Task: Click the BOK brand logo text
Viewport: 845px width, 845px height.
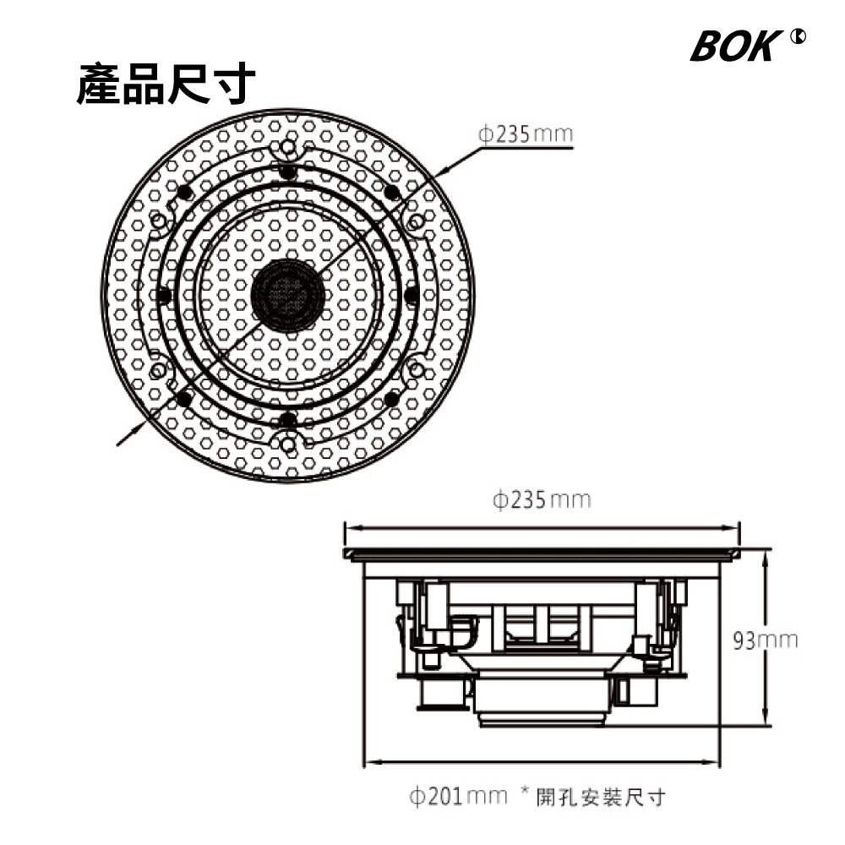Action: [x=736, y=46]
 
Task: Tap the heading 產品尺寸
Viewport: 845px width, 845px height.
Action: [x=166, y=84]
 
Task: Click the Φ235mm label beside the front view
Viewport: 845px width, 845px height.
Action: [x=526, y=134]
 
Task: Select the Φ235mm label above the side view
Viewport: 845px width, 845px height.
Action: [x=542, y=499]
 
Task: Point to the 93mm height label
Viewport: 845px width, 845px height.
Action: [x=766, y=641]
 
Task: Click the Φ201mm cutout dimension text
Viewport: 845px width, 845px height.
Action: [x=459, y=796]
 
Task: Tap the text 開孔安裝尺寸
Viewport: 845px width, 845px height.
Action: [x=601, y=797]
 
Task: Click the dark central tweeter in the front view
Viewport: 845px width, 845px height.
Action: [x=288, y=295]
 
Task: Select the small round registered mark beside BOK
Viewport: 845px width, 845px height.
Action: [x=799, y=36]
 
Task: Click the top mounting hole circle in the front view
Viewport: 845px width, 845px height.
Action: [x=288, y=146]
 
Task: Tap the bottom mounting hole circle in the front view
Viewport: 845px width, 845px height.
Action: [x=288, y=444]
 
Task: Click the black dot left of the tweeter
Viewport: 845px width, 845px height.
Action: [x=164, y=295]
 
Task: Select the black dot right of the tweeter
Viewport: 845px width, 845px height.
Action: [x=412, y=295]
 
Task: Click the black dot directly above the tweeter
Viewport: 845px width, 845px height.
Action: [x=288, y=172]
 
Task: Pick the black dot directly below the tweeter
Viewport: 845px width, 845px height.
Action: [x=288, y=419]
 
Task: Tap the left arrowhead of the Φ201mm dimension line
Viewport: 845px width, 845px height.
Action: [x=373, y=762]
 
